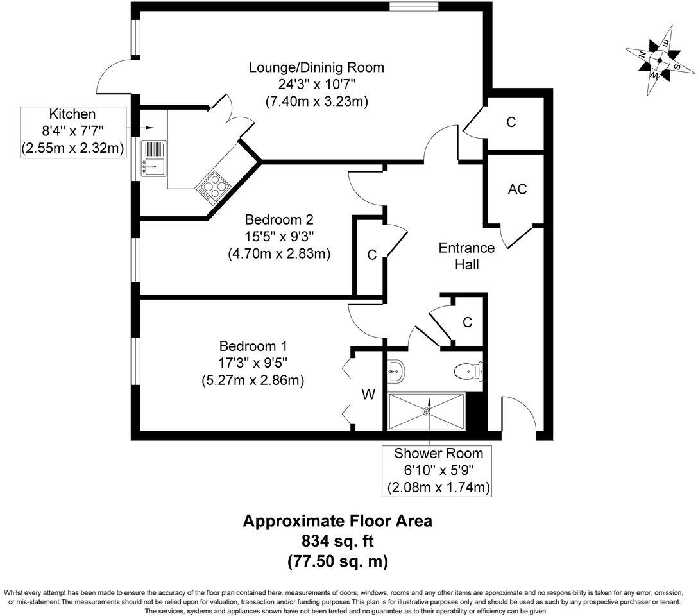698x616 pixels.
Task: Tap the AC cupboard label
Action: point(517,189)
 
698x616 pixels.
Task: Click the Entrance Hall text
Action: point(466,256)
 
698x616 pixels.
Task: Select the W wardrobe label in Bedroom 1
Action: point(368,395)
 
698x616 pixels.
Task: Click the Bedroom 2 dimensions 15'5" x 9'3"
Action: point(278,236)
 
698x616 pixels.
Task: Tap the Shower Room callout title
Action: point(438,454)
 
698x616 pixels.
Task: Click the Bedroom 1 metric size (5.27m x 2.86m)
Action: point(252,380)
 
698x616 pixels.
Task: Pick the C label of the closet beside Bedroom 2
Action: point(371,255)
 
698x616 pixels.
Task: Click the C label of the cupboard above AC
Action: point(511,122)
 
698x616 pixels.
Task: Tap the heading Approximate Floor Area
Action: point(337,520)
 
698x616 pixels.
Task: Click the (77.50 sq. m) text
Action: point(337,561)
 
